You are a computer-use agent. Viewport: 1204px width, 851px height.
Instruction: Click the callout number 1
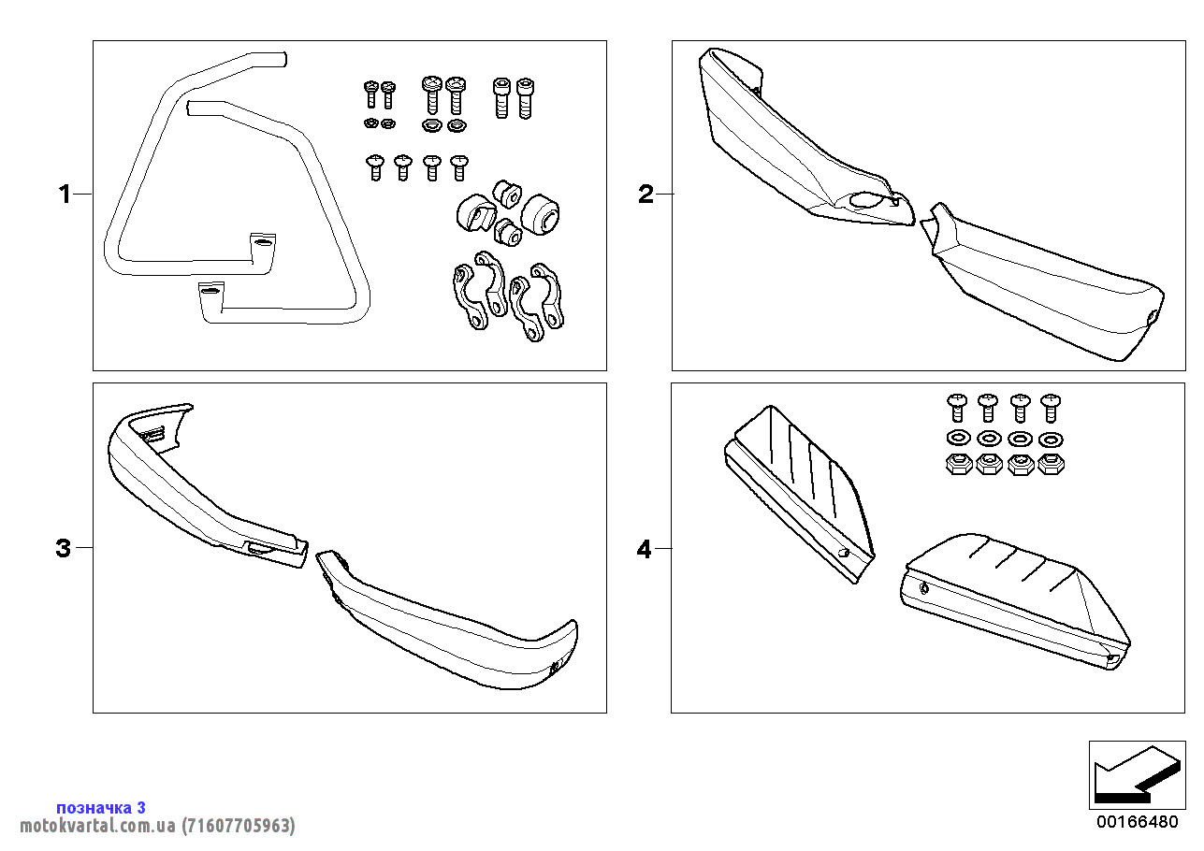pyautogui.click(x=64, y=195)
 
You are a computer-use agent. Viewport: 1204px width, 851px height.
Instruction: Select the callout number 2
pyautogui.click(x=646, y=195)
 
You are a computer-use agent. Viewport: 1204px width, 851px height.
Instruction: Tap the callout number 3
pyautogui.click(x=63, y=548)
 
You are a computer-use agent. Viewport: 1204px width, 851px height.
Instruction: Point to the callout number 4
pyautogui.click(x=644, y=548)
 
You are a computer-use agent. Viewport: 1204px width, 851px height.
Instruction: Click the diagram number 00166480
pyautogui.click(x=1137, y=823)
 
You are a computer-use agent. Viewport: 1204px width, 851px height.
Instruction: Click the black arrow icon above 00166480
pyautogui.click(x=1136, y=774)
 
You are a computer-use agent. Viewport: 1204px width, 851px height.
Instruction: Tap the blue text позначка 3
pyautogui.click(x=101, y=807)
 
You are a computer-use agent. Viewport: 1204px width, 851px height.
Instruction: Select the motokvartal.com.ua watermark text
pyautogui.click(x=157, y=826)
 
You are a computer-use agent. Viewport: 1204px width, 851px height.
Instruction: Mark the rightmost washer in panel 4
pyautogui.click(x=1052, y=439)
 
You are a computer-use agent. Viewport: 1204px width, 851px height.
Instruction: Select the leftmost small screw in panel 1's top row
pyautogui.click(x=370, y=94)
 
